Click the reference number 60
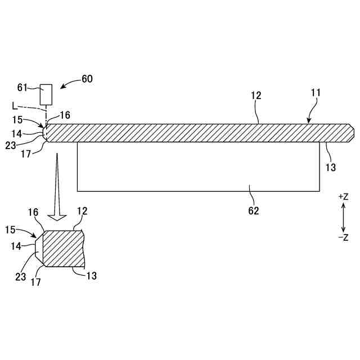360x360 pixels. click(87, 79)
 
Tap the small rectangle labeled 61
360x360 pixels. click(46, 94)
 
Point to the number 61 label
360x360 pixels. click(22, 87)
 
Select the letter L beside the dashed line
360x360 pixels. click(13, 105)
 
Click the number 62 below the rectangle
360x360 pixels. click(254, 211)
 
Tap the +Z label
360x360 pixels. click(343, 197)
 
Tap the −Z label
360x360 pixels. click(343, 237)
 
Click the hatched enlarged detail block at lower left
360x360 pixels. click(63, 248)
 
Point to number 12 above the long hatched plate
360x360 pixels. click(256, 96)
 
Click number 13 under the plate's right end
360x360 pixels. click(331, 167)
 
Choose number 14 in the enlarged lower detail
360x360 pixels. click(16, 246)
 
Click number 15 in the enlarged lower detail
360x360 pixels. click(11, 229)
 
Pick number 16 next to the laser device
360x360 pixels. click(65, 115)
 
